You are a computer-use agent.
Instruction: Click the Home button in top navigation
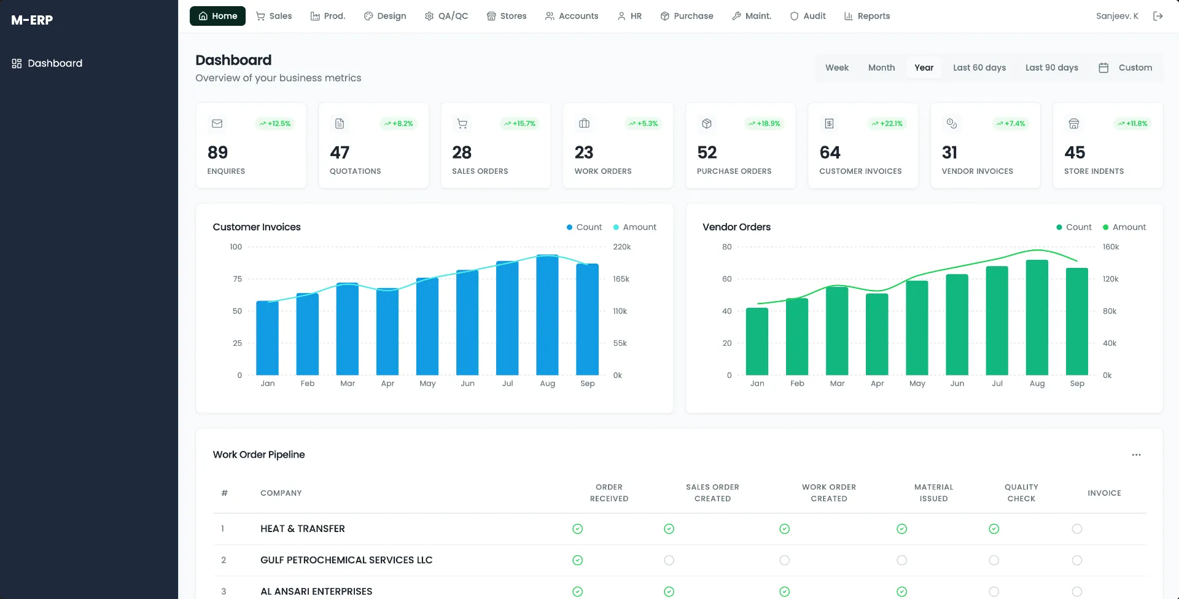(217, 16)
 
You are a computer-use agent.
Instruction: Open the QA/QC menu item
(446, 16)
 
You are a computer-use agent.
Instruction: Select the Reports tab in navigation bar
(867, 16)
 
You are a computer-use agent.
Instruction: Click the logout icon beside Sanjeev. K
(1158, 16)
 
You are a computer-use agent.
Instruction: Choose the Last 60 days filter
(979, 68)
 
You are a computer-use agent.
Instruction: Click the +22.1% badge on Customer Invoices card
(887, 123)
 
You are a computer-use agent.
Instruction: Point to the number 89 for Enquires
(217, 152)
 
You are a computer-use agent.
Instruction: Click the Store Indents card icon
(1073, 123)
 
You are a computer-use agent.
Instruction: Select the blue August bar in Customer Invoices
(547, 315)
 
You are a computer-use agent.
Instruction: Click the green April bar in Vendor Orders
(877, 334)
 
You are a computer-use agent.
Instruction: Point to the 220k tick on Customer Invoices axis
(621, 247)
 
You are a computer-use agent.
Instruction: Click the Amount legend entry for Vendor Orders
(1124, 227)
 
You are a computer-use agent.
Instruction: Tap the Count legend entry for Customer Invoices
(584, 227)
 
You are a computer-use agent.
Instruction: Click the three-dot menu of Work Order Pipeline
(1136, 455)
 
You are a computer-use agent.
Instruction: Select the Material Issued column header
(933, 493)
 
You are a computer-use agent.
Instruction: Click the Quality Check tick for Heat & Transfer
(994, 529)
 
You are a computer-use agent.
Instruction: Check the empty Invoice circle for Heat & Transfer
(1076, 529)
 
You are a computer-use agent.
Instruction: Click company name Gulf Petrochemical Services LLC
(346, 560)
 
